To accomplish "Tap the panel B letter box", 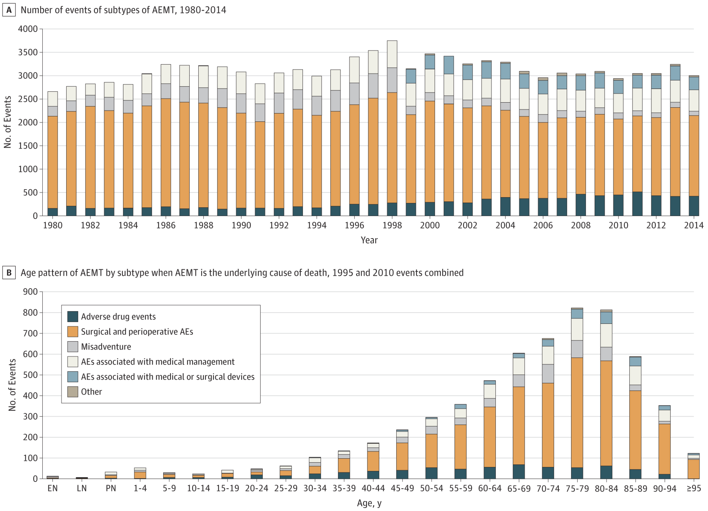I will coord(9,273).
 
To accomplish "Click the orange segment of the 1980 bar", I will coord(52,163).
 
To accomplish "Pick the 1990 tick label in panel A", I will coord(241,225).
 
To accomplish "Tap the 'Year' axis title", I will coord(369,240).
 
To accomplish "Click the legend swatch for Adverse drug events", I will coord(72,317).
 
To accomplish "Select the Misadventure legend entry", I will coord(106,347).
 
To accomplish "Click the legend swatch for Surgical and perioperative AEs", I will coord(72,332).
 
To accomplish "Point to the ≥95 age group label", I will coord(694,488).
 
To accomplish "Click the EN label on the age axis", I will coord(52,488).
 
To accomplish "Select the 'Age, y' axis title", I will coord(369,503).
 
